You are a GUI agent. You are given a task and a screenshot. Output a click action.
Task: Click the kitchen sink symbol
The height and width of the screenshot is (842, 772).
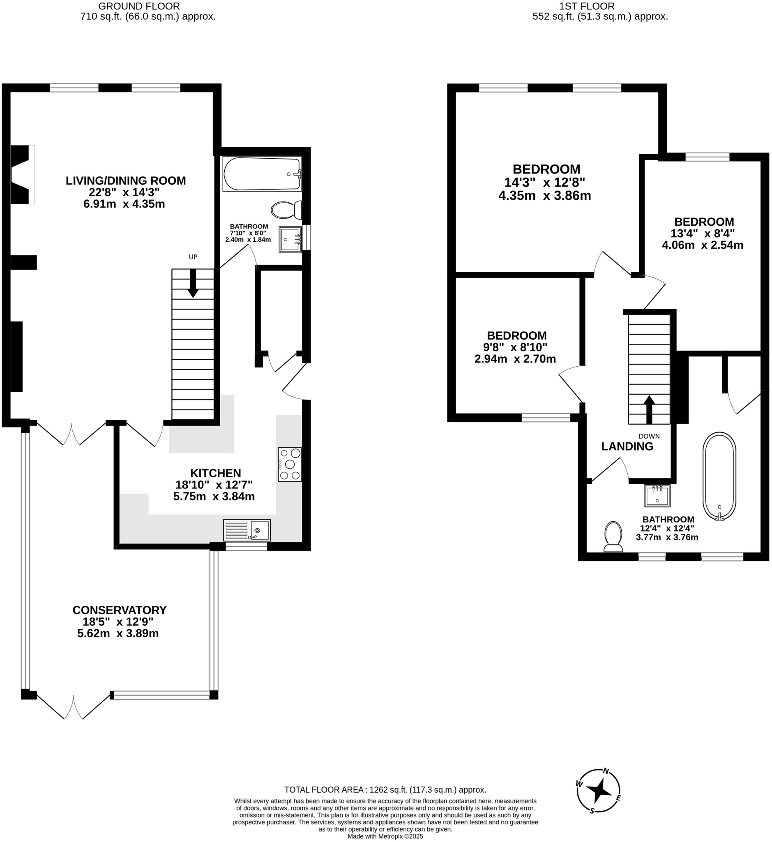click(247, 530)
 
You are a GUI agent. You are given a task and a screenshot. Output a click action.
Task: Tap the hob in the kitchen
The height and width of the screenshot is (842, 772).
click(290, 464)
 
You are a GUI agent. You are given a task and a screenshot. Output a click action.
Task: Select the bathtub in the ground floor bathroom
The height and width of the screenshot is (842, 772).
click(262, 174)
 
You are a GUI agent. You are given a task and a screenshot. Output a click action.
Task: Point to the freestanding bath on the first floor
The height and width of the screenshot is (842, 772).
click(719, 476)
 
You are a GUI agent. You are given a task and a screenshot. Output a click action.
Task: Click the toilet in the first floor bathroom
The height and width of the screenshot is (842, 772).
click(613, 537)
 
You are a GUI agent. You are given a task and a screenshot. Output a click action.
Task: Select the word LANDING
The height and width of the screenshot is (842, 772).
click(627, 446)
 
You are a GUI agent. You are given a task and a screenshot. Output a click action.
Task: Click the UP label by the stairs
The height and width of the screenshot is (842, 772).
click(193, 257)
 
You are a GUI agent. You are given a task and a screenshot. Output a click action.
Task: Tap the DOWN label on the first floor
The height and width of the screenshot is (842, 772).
click(649, 436)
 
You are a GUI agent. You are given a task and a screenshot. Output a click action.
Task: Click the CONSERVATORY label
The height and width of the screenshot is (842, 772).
click(120, 610)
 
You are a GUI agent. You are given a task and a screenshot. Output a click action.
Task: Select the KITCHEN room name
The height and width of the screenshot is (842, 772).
click(216, 473)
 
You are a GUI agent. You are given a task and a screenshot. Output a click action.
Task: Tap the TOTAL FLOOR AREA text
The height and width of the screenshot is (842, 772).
click(385, 790)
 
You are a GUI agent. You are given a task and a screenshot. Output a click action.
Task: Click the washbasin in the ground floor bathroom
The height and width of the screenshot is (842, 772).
click(290, 239)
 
